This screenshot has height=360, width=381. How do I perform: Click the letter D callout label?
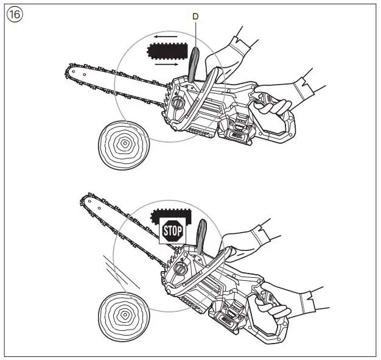pyautogui.click(x=195, y=17)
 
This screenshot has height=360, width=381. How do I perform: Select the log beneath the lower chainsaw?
pyautogui.click(x=124, y=314)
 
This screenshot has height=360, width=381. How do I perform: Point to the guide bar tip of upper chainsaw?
pyautogui.click(x=68, y=72)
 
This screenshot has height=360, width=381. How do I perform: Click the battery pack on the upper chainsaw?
pyautogui.click(x=239, y=136)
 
